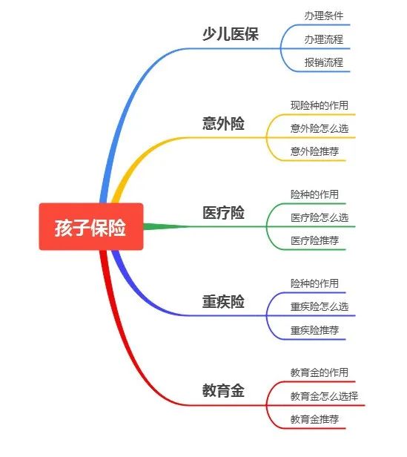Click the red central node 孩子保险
tap(91, 226)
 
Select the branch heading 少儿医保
tap(231, 34)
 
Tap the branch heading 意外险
tap(223, 123)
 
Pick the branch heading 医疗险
tap(223, 212)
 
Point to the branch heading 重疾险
tap(223, 301)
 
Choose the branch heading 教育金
tap(223, 390)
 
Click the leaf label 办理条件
tap(324, 16)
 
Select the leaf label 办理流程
tap(324, 39)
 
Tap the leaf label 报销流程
tap(324, 62)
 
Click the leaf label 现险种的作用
tap(320, 105)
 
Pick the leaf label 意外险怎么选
tap(320, 128)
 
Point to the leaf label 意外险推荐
tap(314, 151)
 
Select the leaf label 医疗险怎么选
tap(320, 217)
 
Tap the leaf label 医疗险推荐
tap(314, 240)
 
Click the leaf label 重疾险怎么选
tap(320, 306)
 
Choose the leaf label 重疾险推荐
tap(314, 330)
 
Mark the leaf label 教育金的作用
tap(320, 372)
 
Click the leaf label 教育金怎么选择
tap(324, 396)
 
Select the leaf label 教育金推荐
tap(314, 419)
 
